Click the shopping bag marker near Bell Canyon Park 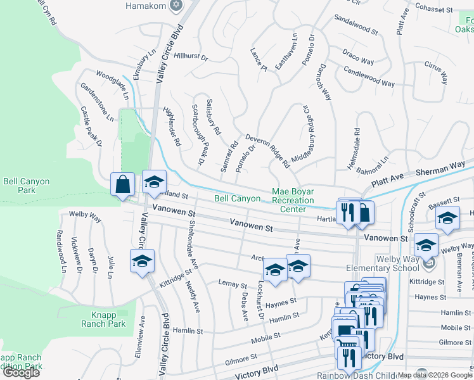click(123, 184)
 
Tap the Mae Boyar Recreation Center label click(293, 200)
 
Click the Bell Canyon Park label click(26, 186)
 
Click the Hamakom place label click(146, 6)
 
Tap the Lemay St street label click(232, 283)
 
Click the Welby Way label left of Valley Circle click(86, 217)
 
